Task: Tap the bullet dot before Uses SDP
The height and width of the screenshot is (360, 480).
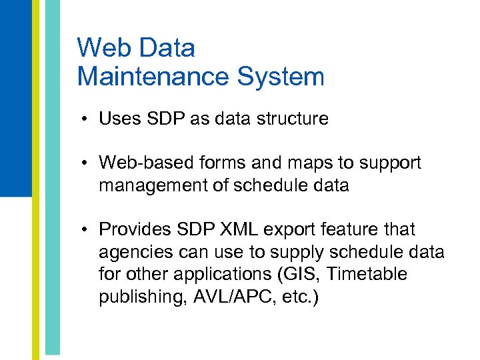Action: click(87, 120)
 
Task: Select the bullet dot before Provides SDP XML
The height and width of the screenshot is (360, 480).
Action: click(87, 230)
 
